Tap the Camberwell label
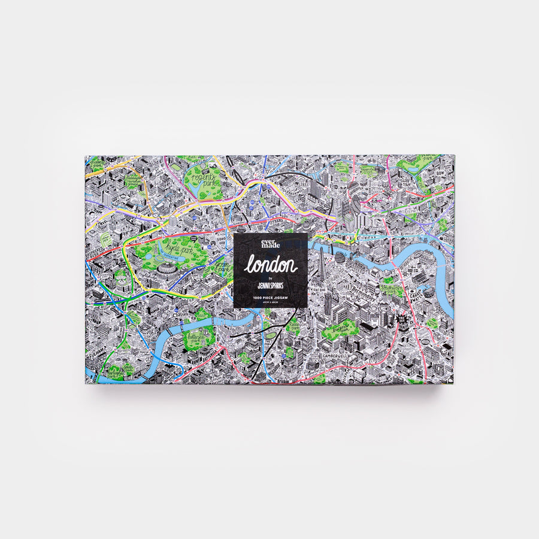(x=334, y=355)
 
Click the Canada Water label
(x=414, y=294)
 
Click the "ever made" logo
(x=271, y=244)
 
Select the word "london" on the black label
(x=271, y=265)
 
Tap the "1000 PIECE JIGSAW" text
(x=271, y=297)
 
